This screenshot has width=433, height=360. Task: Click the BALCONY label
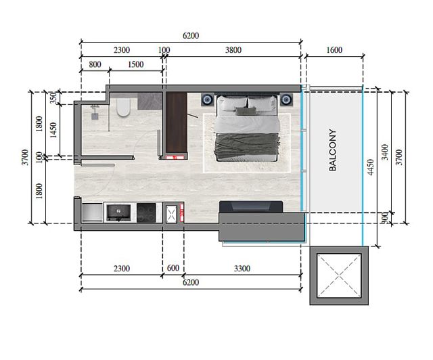pyautogui.click(x=333, y=150)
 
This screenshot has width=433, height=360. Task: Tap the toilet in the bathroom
pyautogui.click(x=122, y=108)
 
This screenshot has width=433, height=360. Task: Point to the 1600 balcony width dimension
pyautogui.click(x=334, y=49)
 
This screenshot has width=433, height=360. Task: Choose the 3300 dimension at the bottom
pyautogui.click(x=242, y=269)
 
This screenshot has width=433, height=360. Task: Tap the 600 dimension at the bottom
pyautogui.click(x=173, y=269)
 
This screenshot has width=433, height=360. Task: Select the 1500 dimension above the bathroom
pyautogui.click(x=135, y=64)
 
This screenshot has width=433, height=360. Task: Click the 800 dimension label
pyautogui.click(x=94, y=64)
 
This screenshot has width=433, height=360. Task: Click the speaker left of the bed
pyautogui.click(x=206, y=100)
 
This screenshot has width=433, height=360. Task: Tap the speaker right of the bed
pyautogui.click(x=286, y=100)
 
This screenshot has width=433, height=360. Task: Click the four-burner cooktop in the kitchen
pyautogui.click(x=146, y=212)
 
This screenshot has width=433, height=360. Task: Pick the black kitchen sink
pyautogui.click(x=119, y=212)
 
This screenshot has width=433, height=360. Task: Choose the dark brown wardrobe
pyautogui.click(x=175, y=123)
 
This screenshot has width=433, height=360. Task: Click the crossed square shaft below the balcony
pyautogui.click(x=338, y=275)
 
